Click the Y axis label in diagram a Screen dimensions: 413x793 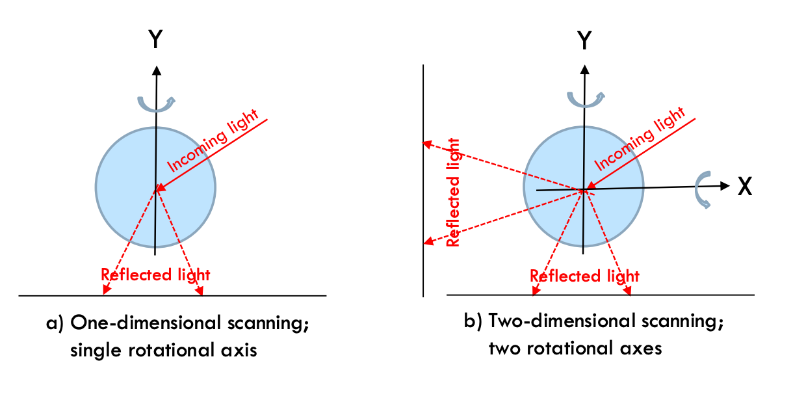[x=155, y=40]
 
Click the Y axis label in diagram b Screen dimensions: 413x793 [x=584, y=40]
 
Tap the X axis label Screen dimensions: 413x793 [x=745, y=187]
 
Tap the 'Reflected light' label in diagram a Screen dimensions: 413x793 [x=156, y=274]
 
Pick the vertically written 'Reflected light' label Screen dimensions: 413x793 [x=453, y=191]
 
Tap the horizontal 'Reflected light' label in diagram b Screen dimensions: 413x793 [x=584, y=276]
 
